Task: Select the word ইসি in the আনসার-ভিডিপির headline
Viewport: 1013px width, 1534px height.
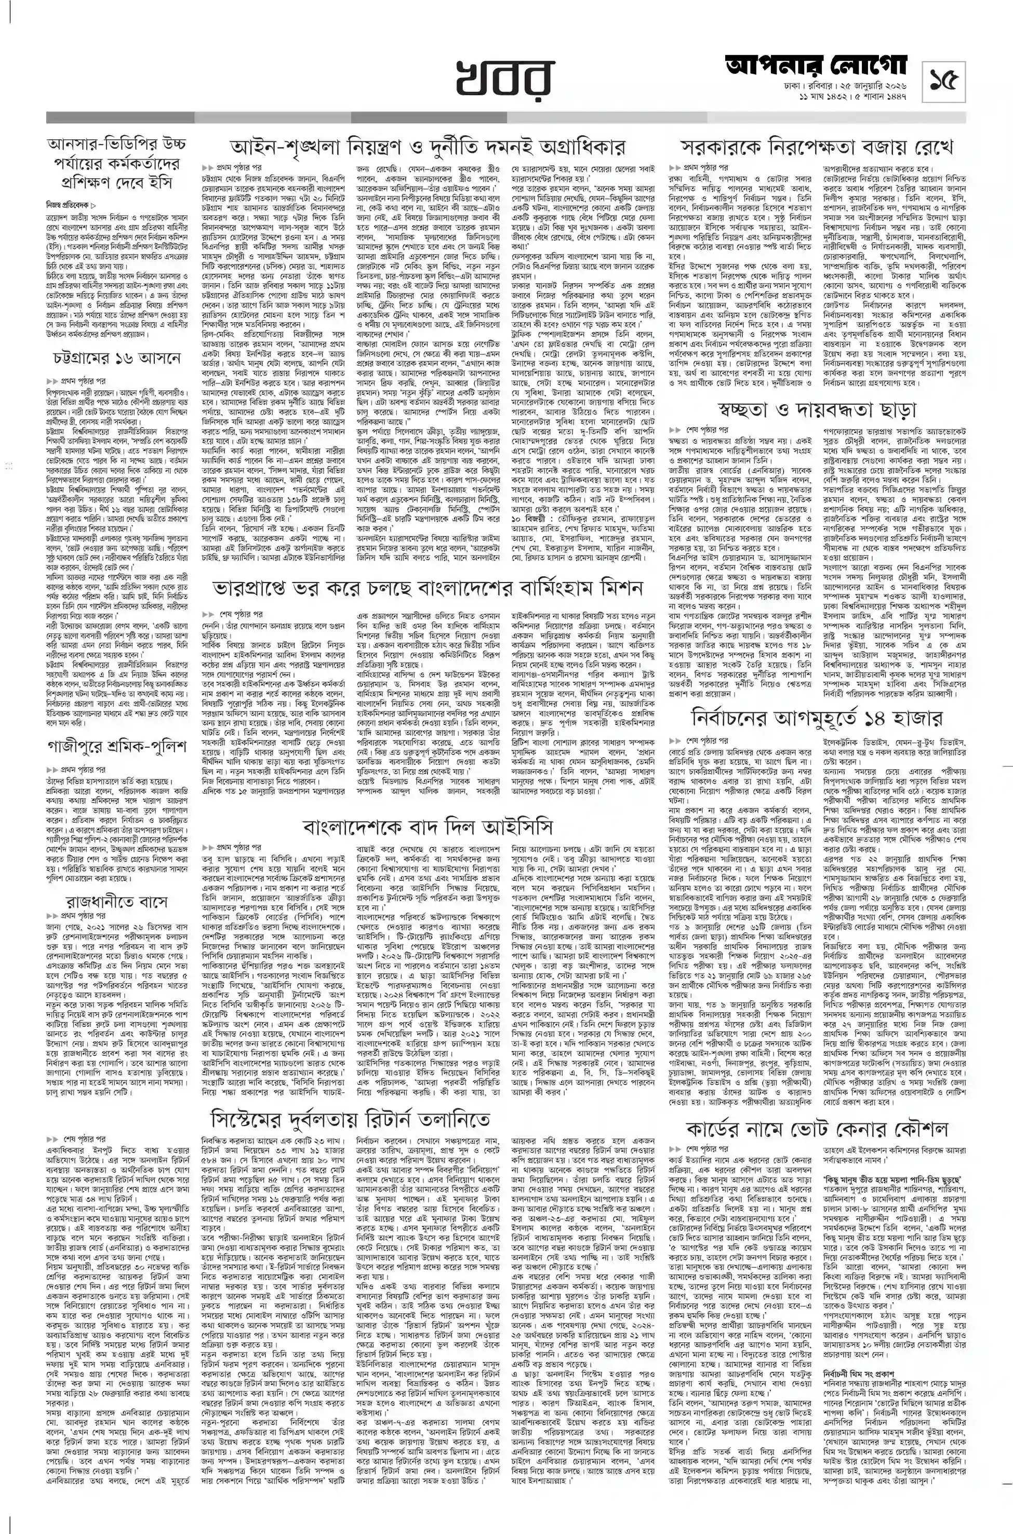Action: (159, 182)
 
